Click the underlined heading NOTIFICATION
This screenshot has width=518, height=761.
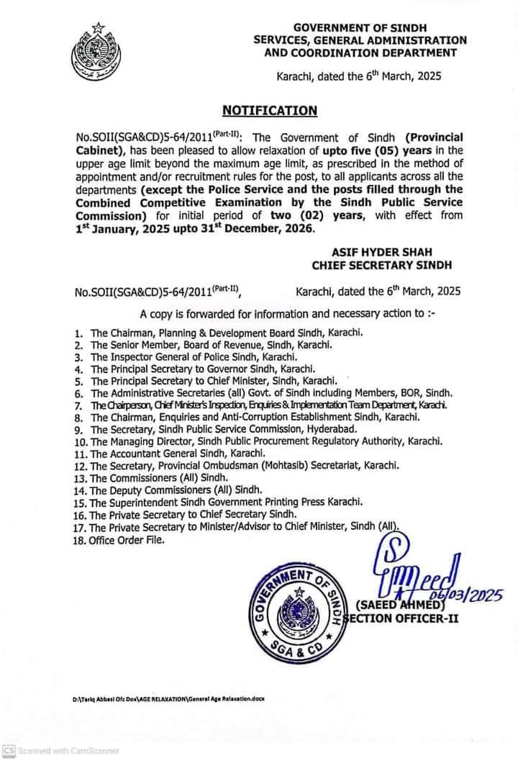coord(270,110)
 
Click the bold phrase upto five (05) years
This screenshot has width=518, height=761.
coord(364,149)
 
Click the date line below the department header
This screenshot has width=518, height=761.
coord(360,75)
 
